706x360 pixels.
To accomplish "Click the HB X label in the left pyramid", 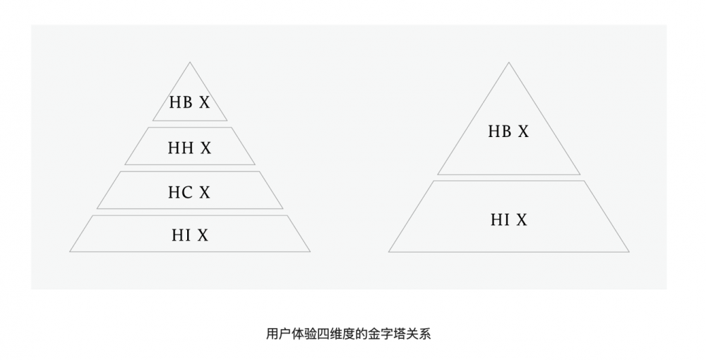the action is pyautogui.click(x=189, y=102).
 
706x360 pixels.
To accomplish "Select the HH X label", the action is pyautogui.click(x=189, y=148).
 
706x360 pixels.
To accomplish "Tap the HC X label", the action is pyautogui.click(x=189, y=193).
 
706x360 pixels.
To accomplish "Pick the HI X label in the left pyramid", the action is pyautogui.click(x=190, y=235).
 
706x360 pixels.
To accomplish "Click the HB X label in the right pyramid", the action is pyautogui.click(x=509, y=131).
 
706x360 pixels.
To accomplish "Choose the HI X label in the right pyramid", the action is pyautogui.click(x=509, y=220).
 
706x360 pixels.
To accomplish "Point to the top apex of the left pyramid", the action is pyautogui.click(x=190, y=62).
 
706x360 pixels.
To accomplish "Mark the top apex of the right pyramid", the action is pyautogui.click(x=509, y=63).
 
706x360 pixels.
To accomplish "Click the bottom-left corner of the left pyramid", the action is pyautogui.click(x=70, y=251).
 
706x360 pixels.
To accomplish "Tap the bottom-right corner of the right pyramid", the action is pyautogui.click(x=629, y=252).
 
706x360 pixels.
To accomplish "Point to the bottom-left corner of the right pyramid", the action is pyautogui.click(x=388, y=252).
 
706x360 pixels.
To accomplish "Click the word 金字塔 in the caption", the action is pyautogui.click(x=388, y=334).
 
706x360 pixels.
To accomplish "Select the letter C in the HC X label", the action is pyautogui.click(x=187, y=193).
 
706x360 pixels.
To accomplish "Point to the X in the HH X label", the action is pyautogui.click(x=205, y=148).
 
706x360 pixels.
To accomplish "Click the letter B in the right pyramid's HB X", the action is pyautogui.click(x=506, y=131).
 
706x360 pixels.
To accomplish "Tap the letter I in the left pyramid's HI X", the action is pyautogui.click(x=187, y=235).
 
